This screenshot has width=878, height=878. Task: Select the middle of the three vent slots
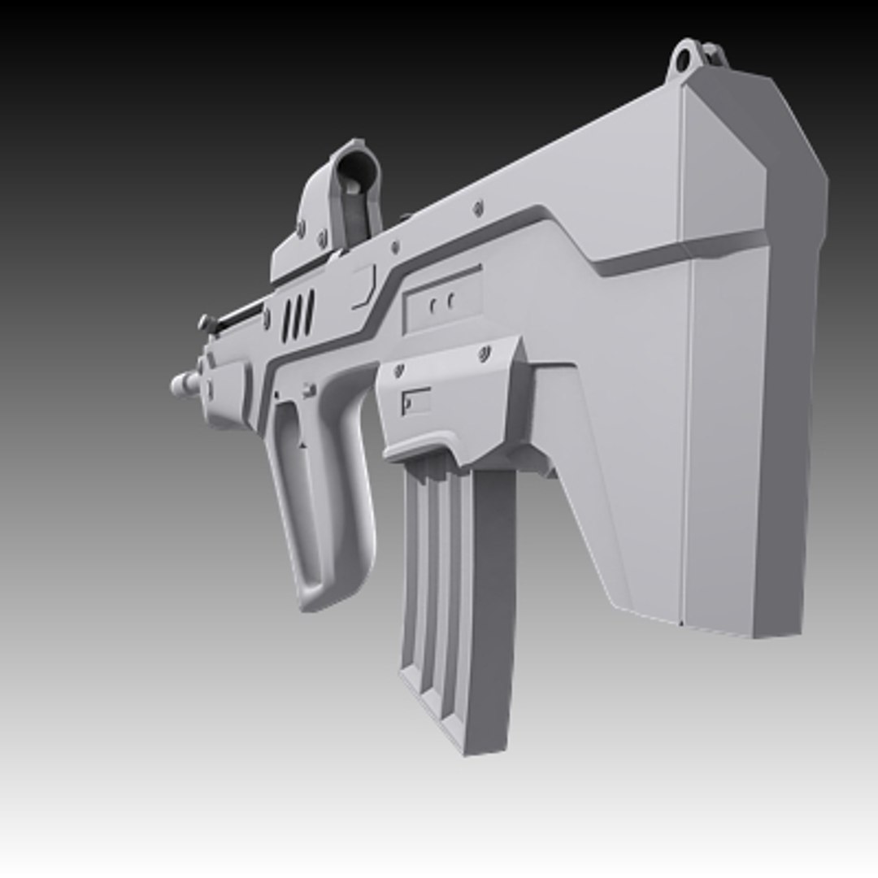pos(298,318)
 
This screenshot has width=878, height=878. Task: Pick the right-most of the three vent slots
pos(309,313)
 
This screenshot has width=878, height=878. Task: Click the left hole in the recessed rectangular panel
pos(433,306)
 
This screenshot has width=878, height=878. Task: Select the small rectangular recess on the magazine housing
pos(415,401)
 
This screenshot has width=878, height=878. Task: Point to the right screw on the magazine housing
pos(485,353)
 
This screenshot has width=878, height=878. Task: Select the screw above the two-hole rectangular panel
pos(477,210)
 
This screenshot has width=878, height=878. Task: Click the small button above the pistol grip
pos(309,391)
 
